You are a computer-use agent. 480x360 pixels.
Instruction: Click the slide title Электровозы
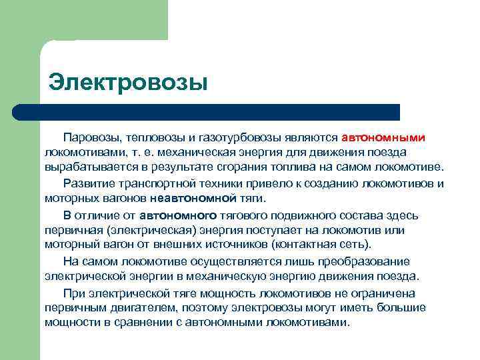(127, 83)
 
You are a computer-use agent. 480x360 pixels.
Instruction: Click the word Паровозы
(90, 137)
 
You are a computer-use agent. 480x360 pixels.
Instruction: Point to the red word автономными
(383, 137)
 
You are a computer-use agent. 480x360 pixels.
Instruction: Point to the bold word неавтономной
(194, 198)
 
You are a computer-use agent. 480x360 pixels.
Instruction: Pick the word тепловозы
(153, 137)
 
